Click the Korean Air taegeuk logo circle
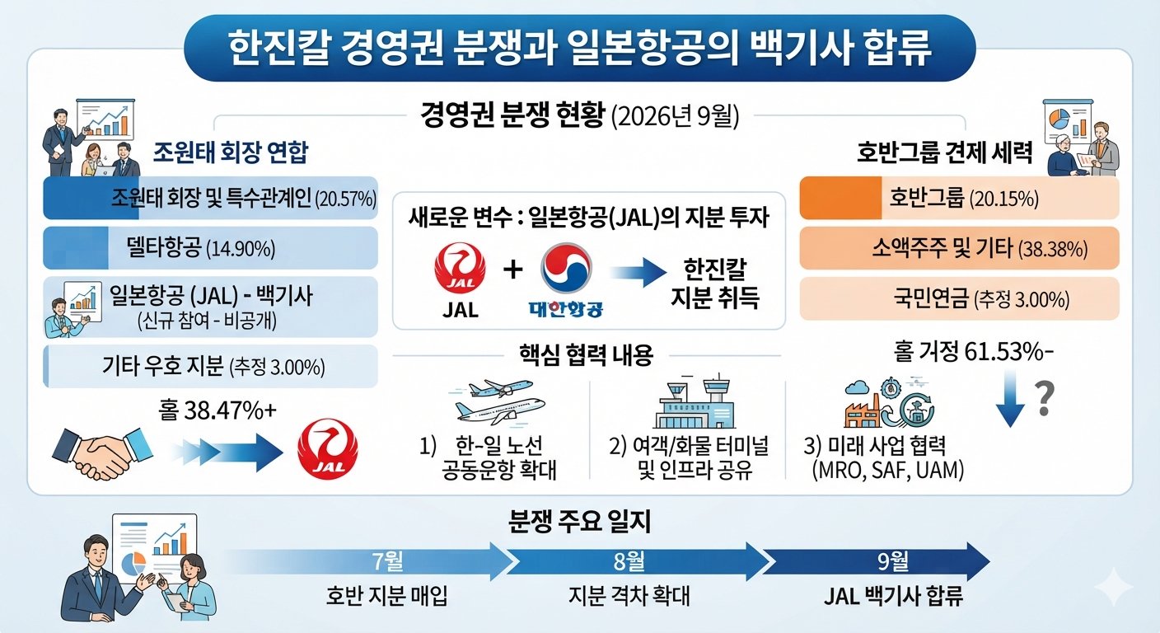pos(566,269)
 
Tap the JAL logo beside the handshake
pos(328,448)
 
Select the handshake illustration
pos(102,452)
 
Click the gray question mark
pos(1044,398)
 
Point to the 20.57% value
pos(345,199)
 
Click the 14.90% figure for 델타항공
pos(241,249)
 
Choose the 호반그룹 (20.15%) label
pos(964,198)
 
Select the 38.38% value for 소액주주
pos(1053,249)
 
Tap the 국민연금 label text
pos(931,299)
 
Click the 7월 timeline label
pos(388,561)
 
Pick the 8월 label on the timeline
pos(629,561)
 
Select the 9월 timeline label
pos(893,561)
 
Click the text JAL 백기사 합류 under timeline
pos(893,596)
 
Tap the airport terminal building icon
pos(695,401)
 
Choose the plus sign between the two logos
pos(512,270)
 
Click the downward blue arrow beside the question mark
pos(1010,398)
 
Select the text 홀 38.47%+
pos(217,410)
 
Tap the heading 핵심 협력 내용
pos(586,355)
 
